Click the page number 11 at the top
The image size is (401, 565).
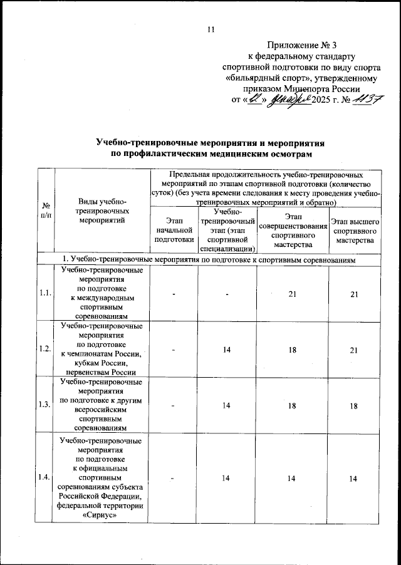(x=211, y=28)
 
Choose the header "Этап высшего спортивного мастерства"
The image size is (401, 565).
(x=355, y=231)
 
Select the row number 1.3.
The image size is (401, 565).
(x=46, y=403)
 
